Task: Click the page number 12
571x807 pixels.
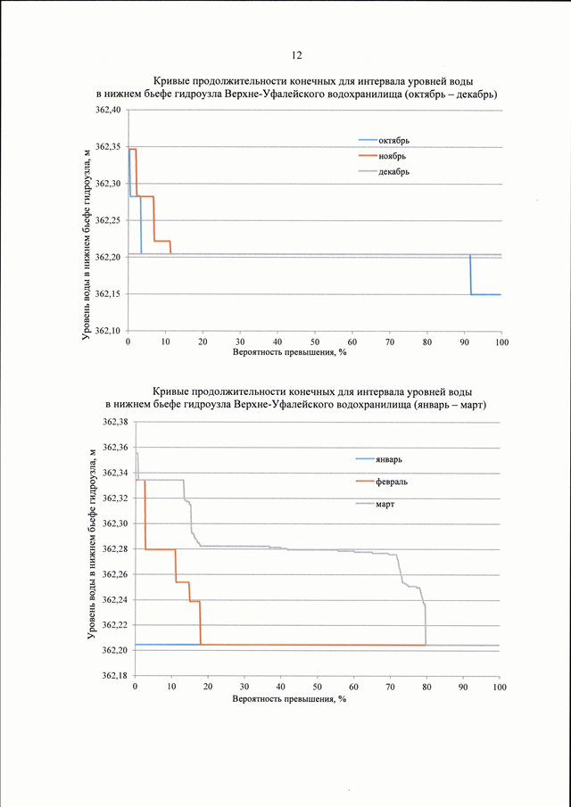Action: click(x=296, y=56)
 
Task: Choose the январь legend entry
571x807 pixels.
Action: click(x=378, y=459)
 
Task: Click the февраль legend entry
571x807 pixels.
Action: click(x=381, y=482)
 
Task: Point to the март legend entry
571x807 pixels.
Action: click(x=375, y=505)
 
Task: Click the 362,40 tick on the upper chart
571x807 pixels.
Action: click(x=109, y=110)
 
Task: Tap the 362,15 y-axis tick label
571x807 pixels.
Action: click(x=109, y=294)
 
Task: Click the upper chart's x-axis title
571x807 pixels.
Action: click(x=289, y=354)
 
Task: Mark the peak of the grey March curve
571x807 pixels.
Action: click(x=137, y=453)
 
